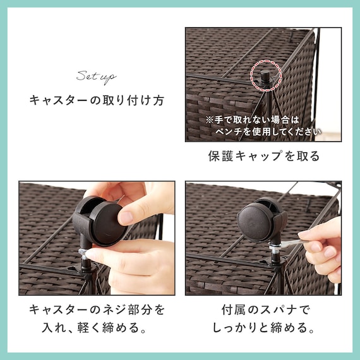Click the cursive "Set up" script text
[x=96, y=78]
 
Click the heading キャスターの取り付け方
[x=97, y=100]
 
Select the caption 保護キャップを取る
[x=264, y=156]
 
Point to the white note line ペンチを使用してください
[x=268, y=131]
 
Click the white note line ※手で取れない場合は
[x=253, y=120]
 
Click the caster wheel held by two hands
[x=100, y=221]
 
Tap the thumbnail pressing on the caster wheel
[x=126, y=217]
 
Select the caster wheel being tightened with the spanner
[x=261, y=220]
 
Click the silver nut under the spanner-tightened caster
[x=274, y=248]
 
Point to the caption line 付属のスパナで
[x=266, y=309]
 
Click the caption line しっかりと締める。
[x=263, y=328]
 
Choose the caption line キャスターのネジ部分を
[x=97, y=309]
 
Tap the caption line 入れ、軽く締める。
[x=94, y=328]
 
